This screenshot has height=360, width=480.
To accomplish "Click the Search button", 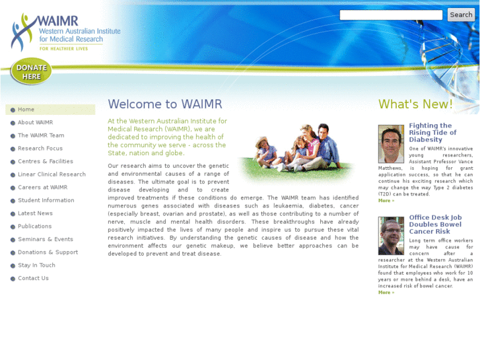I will [460, 15].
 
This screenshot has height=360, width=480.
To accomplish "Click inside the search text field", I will [391, 15].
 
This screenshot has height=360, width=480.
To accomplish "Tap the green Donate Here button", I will [31, 72].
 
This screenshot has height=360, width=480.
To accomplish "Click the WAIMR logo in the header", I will [65, 32].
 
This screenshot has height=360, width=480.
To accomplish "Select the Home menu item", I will [26, 110].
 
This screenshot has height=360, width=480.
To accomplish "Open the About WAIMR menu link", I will [35, 123].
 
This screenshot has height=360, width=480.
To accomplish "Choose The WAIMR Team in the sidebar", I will [41, 135].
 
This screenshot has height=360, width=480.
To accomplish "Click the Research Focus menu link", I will [40, 149].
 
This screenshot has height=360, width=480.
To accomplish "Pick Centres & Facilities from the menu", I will [46, 161].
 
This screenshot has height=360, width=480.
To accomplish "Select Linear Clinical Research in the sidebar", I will [51, 174].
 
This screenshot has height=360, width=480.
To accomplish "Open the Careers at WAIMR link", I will [42, 188].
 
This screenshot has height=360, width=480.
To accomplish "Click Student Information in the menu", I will [46, 200].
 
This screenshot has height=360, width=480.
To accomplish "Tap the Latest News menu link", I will [35, 213].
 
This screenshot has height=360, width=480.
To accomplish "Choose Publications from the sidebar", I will [34, 227].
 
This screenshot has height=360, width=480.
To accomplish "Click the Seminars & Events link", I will [46, 239].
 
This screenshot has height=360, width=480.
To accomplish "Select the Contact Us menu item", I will [33, 278].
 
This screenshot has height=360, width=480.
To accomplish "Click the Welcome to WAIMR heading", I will [165, 104].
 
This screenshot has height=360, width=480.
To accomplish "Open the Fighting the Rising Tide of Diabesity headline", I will [432, 132].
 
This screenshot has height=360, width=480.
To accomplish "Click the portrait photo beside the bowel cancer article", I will [391, 236].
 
